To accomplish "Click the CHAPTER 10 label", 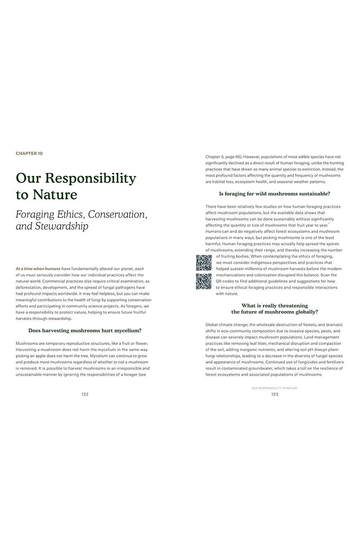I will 29,153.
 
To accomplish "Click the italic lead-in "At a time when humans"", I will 38,269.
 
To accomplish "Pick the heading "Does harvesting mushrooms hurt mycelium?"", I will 85,330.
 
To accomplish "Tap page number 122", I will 85,394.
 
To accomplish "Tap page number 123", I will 275,394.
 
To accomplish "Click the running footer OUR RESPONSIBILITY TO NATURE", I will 275,388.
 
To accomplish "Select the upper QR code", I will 203,262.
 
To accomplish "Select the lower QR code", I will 203,281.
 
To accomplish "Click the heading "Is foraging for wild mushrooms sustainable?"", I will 275,194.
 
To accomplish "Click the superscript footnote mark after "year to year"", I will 329,224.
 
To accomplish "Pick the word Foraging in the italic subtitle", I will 35,215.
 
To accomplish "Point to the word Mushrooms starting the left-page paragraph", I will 27,343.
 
